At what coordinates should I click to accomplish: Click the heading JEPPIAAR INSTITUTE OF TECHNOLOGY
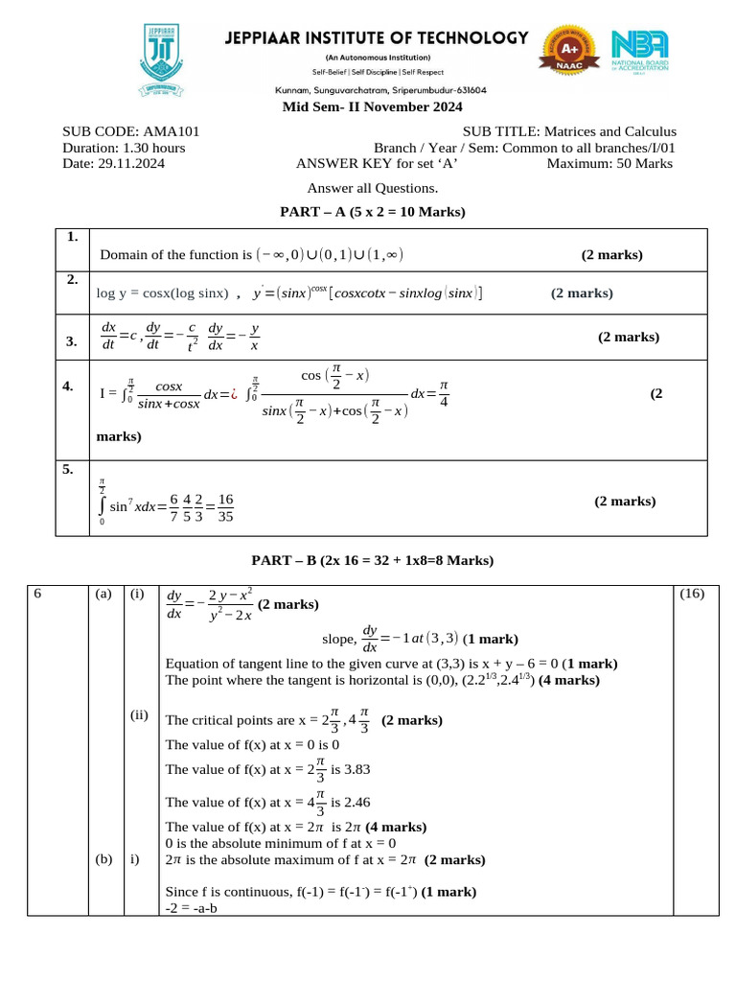(376, 38)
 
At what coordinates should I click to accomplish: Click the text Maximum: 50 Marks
(609, 164)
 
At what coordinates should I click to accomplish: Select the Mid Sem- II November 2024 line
(372, 106)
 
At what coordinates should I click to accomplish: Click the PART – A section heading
(372, 212)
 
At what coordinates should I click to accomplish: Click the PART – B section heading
(372, 559)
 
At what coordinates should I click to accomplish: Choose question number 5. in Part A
(68, 470)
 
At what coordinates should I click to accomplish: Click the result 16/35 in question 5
(226, 507)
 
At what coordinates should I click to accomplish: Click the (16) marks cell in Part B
(692, 594)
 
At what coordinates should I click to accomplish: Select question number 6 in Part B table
(37, 594)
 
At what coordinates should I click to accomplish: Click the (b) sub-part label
(103, 859)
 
